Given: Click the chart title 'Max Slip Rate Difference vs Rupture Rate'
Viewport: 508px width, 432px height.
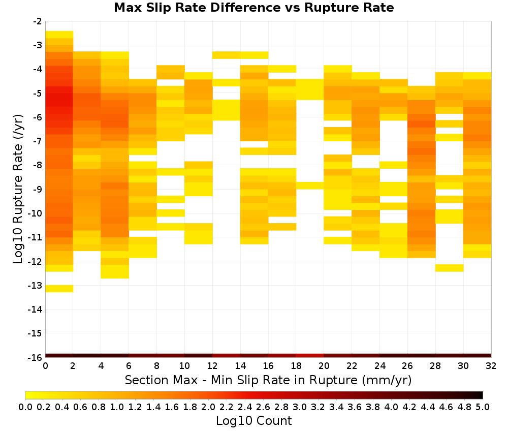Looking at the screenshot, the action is pos(253,8).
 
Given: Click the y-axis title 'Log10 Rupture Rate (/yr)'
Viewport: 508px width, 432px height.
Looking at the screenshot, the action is pos(18,189).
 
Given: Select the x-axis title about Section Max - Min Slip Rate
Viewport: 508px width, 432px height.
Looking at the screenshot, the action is pos(268,380).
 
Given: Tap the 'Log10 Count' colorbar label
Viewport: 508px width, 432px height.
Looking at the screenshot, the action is pos(253,421).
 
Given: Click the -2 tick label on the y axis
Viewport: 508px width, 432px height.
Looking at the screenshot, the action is pos(37,22).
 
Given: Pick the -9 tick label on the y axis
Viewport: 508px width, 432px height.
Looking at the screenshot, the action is pos(37,190).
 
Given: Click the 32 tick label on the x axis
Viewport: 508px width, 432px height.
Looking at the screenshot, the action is pos(491,366).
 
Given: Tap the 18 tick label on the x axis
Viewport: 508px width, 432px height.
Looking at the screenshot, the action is pos(296,366).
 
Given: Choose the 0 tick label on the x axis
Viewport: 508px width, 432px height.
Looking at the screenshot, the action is pos(45,366).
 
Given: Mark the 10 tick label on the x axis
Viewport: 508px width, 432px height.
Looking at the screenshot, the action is pos(184,366).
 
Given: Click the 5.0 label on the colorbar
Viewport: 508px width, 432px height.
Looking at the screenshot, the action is pos(483,407).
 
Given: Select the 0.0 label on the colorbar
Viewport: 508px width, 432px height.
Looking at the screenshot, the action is pos(25,407).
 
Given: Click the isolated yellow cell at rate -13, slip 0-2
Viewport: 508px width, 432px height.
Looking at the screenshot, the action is pos(59,289).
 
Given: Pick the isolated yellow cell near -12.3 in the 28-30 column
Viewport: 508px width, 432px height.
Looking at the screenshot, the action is pos(450,268).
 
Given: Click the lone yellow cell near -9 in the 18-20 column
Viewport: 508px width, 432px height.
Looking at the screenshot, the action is pos(310,186).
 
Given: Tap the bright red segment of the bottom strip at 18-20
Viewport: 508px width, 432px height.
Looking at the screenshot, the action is pos(310,356).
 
